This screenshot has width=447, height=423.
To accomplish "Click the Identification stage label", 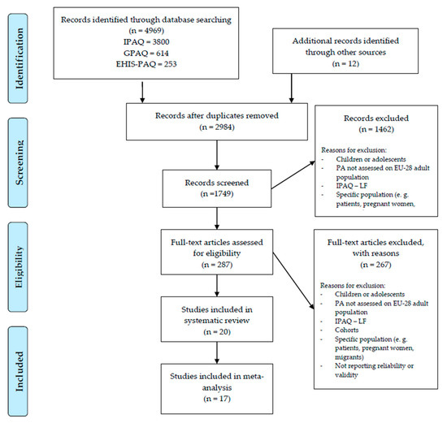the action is coord(19,58).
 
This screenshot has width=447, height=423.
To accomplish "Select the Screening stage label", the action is coord(19,162).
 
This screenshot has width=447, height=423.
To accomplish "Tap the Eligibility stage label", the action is coord(19,267).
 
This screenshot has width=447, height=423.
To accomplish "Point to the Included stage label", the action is coord(19,371).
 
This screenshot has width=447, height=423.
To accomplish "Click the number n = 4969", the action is coord(146,31).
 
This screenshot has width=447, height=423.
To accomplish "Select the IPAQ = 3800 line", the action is coord(146,42).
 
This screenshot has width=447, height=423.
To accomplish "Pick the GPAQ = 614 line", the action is coord(146,53).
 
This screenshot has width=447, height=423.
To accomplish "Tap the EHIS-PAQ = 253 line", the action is coord(146,64).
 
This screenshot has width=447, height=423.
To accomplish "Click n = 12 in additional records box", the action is coord(345,63).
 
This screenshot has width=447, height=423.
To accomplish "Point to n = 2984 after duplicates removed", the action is coord(217,127).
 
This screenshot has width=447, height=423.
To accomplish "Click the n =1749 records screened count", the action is coord(217,194).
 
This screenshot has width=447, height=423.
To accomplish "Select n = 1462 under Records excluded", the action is coord(376,129).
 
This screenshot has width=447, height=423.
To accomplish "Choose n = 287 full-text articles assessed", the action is coord(217,265).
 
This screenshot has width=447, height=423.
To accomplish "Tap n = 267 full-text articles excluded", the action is coord(375,265).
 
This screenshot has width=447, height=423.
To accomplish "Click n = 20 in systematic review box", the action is coord(217,331).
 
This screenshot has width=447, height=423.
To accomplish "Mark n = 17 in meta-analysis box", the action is coord(217,398).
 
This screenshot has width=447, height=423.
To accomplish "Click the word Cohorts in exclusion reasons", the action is coord(347,330).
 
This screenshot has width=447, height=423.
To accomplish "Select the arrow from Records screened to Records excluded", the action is coord(293,175).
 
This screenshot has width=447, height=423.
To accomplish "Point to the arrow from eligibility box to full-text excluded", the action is coord(293,281).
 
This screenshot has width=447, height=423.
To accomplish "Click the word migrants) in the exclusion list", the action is coord(349,357).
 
